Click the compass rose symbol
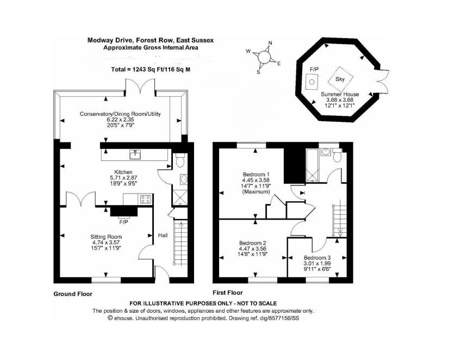[x=264, y=56]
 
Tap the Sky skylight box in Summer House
[x=340, y=78]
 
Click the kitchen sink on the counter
[x=133, y=155]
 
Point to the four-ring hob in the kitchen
[x=146, y=200]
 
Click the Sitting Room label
[x=107, y=237]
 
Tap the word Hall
[x=163, y=235]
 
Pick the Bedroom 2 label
[x=253, y=243]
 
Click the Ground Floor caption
[x=73, y=294]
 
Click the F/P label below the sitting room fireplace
[x=123, y=222]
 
